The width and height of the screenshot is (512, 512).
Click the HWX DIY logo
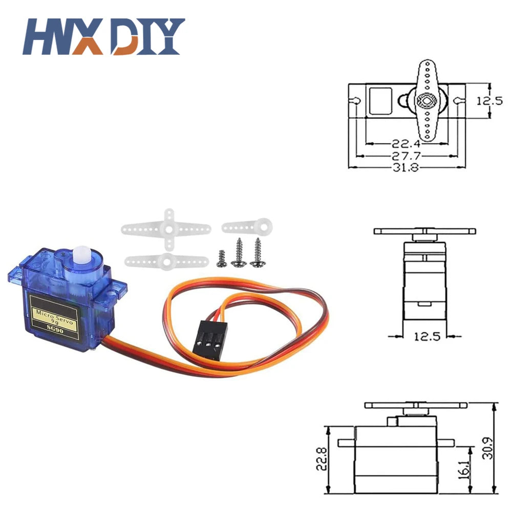[x=105, y=36]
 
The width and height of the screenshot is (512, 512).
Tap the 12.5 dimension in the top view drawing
[x=489, y=101]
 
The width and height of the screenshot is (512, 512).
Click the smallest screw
[x=221, y=259]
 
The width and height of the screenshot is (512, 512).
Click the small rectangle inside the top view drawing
[x=380, y=101]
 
